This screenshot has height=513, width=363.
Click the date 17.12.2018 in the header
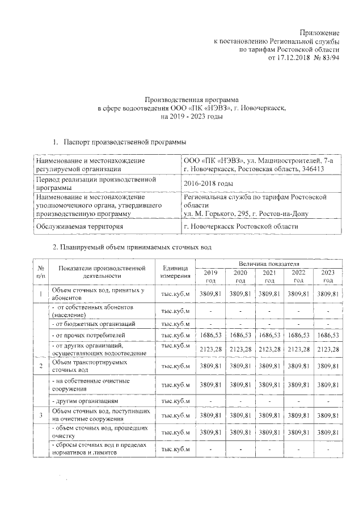296,58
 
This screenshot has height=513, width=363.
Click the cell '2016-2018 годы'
208,184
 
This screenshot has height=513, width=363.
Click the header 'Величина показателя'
269,264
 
